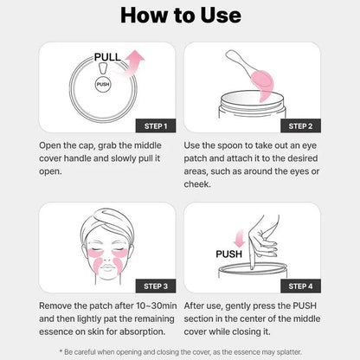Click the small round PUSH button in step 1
pos(104,85)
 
